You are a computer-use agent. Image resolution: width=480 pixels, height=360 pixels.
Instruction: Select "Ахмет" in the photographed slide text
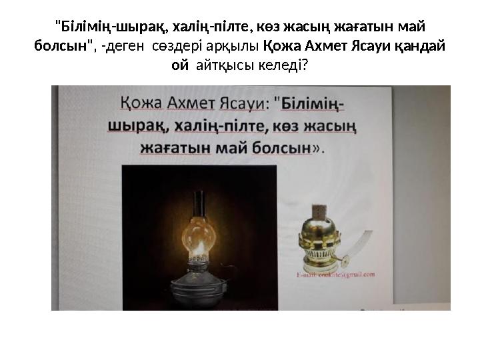coord(189,105)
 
